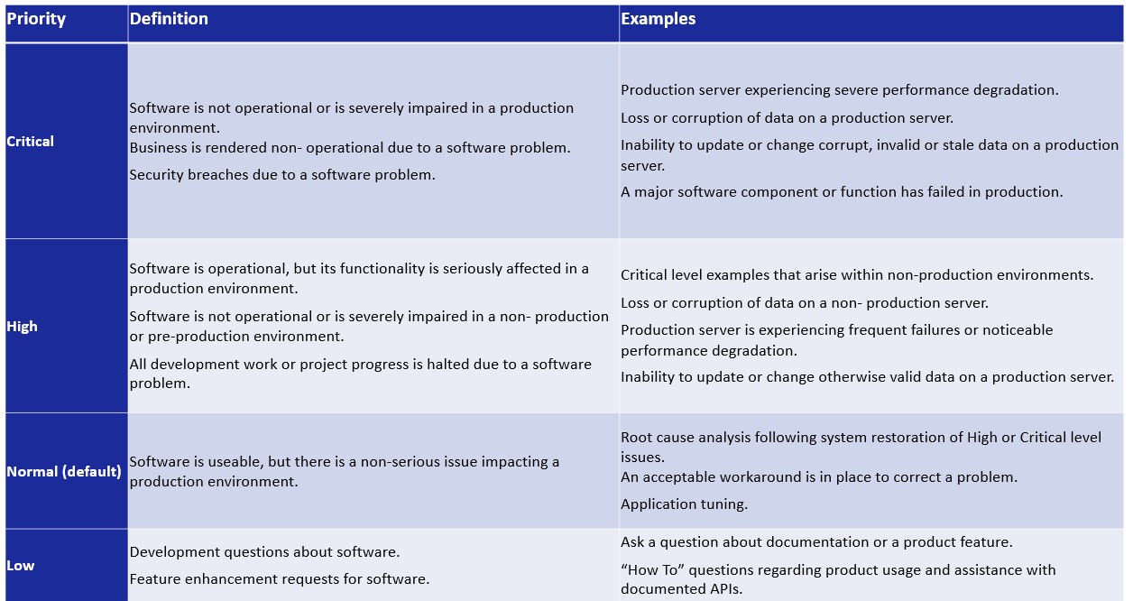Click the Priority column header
click(36, 19)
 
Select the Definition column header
click(169, 19)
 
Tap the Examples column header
click(659, 19)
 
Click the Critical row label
click(31, 142)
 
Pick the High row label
click(23, 327)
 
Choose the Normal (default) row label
click(64, 471)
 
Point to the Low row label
click(21, 566)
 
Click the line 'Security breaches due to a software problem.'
click(282, 175)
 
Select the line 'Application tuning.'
click(684, 504)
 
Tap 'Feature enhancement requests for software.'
click(280, 579)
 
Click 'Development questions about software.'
click(264, 552)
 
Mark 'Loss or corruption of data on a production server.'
click(787, 118)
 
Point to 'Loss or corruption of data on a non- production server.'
click(805, 303)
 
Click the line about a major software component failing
click(842, 192)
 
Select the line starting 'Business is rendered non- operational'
click(350, 148)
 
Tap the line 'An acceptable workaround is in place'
click(819, 477)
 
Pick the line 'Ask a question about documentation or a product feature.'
click(816, 542)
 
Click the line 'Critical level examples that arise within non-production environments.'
click(857, 275)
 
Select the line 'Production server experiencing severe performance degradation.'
click(840, 90)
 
